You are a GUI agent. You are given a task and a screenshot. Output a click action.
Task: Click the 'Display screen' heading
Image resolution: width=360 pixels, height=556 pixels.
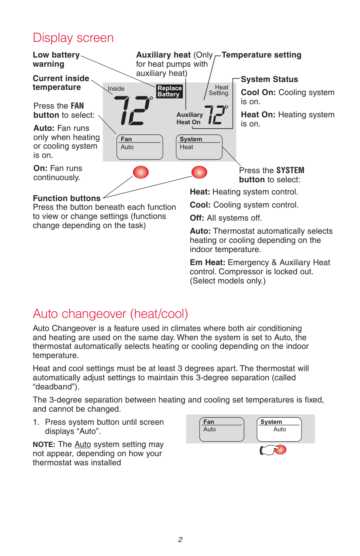73,38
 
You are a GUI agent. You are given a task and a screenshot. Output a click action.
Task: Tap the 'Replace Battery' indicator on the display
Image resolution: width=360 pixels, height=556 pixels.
169,91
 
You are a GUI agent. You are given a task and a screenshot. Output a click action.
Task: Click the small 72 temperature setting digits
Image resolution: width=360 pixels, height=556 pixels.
216,115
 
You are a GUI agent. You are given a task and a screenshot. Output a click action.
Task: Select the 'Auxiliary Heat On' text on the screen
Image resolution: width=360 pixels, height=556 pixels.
189,119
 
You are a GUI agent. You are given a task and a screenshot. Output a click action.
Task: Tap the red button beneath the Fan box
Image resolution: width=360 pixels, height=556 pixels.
141,172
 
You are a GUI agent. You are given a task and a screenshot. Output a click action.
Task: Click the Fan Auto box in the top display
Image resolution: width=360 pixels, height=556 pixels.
140,147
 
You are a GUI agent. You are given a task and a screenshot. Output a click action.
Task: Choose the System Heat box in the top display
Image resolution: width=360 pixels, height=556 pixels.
199,147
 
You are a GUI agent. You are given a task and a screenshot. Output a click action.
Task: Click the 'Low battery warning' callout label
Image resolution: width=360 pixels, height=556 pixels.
56,59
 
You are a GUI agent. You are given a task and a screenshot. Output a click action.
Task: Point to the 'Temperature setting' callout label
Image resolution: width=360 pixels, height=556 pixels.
261,55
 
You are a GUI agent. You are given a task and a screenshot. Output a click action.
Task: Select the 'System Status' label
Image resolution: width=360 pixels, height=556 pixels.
269,79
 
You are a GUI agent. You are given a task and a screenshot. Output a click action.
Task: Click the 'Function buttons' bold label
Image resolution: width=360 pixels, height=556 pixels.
67,198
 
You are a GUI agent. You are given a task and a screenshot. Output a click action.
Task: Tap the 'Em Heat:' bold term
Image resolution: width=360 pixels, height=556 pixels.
207,263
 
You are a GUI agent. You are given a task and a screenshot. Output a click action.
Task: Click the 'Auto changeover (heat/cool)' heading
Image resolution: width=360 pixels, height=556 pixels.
110,314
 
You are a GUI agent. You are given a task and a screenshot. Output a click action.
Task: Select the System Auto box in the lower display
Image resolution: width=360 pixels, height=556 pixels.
279,429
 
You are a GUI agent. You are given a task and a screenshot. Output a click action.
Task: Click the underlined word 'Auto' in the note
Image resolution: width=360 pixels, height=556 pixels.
82,444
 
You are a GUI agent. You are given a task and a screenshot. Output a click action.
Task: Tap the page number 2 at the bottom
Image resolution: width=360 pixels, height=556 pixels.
180,540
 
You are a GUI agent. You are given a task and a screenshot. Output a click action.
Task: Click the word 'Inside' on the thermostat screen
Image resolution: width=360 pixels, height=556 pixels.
116,89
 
